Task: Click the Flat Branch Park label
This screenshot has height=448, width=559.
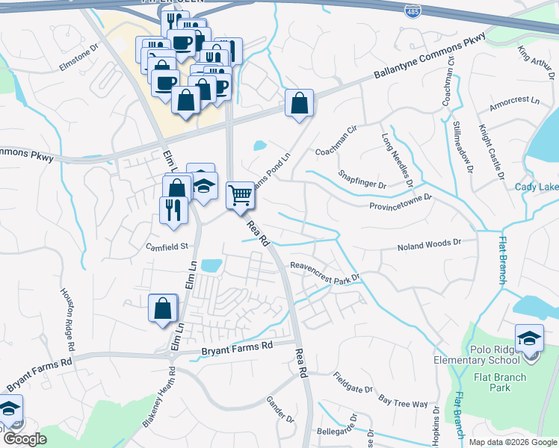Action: (x=489, y=382)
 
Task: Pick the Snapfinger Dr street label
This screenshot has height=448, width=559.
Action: (x=361, y=179)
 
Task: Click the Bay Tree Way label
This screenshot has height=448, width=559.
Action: (x=403, y=403)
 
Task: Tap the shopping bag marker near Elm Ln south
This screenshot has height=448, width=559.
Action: (x=163, y=308)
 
